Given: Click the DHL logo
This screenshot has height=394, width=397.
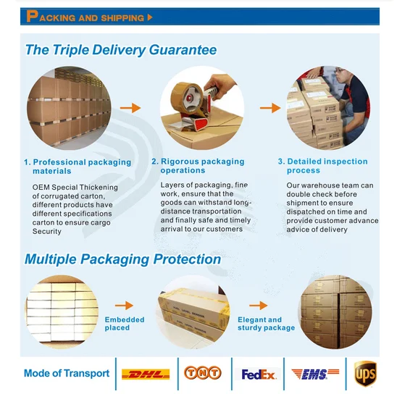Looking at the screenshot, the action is (146, 374).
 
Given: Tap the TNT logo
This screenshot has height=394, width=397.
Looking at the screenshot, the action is (203, 373).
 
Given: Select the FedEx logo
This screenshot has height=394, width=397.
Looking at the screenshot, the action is (258, 374).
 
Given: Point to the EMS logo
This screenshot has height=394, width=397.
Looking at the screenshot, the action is (315, 374).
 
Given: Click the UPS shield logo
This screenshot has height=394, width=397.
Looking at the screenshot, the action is (365, 374).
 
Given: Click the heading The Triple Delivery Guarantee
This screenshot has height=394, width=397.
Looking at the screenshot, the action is (121, 49).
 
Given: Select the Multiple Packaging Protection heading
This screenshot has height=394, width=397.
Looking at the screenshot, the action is (123, 259).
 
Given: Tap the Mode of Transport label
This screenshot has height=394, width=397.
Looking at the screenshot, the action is (67, 373).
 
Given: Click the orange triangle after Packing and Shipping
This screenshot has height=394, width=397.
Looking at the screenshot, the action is (150, 17).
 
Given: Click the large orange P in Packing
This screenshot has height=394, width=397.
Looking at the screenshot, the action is (32, 17).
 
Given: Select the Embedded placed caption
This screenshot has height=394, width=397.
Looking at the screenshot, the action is (125, 324).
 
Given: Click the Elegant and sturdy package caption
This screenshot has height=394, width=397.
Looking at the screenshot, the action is (266, 324).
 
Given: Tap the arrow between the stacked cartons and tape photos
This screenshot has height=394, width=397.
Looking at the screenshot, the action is (130, 108).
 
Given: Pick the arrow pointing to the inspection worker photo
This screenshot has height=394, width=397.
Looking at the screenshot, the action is (270, 108).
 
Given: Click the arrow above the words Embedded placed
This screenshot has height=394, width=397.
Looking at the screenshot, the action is (124, 306).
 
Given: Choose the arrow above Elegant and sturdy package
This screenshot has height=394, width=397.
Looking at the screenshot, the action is (258, 306).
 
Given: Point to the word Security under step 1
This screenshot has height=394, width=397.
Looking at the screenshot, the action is (47, 231).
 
